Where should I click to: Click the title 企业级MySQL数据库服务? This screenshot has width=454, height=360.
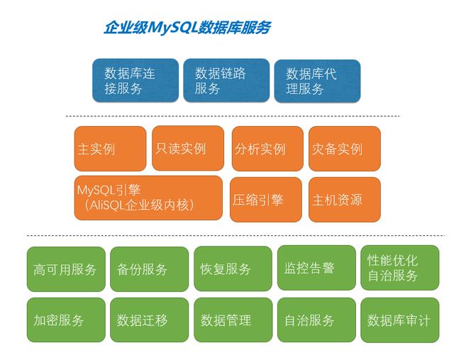[187, 28]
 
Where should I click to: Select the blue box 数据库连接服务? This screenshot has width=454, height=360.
[135, 81]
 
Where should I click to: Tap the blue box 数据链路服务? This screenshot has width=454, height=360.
[226, 81]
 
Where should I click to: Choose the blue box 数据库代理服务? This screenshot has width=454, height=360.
[317, 81]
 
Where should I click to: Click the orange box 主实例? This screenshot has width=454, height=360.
[111, 149]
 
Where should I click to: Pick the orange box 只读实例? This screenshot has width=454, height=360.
[188, 148]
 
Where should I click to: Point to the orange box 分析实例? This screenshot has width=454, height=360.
[267, 149]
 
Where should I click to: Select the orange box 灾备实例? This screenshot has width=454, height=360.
[345, 149]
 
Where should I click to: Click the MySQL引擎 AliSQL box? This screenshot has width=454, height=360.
[148, 198]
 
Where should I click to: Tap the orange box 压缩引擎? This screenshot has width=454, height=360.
[266, 200]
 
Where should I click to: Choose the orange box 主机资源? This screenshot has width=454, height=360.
[345, 200]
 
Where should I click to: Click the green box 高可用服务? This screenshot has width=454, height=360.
[66, 269]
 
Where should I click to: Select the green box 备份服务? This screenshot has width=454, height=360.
[150, 269]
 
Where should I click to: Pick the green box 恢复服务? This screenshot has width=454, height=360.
[233, 269]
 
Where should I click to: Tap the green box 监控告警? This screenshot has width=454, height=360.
[316, 268]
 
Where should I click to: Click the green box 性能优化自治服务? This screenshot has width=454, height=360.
[400, 268]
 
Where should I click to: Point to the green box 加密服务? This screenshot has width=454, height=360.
[66, 320]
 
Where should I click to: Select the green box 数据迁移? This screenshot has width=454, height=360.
[150, 320]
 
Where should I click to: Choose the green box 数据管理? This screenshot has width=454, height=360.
[233, 320]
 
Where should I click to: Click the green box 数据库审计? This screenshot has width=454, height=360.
[400, 320]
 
